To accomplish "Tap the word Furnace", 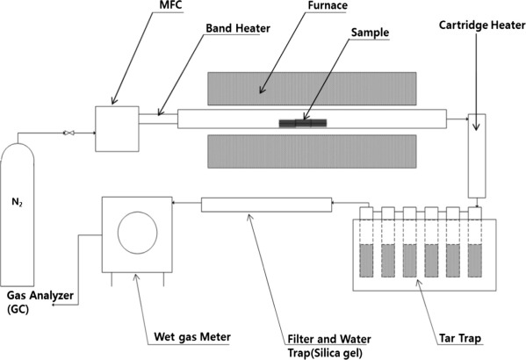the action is [328, 5].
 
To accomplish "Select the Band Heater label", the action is [238, 28].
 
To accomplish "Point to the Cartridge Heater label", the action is [482, 25].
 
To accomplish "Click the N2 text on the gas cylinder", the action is [17, 202].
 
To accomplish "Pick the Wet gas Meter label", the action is [192, 337].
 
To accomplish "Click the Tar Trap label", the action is [460, 338].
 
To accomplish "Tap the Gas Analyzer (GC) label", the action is [40, 302].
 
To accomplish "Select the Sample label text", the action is [370, 32].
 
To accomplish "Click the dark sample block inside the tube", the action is [303, 123].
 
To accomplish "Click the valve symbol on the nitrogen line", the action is [69, 133].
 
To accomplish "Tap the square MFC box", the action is [117, 129].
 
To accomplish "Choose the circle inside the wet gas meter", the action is [138, 233].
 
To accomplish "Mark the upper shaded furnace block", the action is [312, 89].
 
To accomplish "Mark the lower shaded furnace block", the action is [312, 151].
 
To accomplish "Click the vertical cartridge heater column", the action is [477, 156].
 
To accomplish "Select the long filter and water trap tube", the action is [266, 205].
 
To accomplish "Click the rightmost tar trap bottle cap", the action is [475, 213].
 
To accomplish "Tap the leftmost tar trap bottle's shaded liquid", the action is [366, 261].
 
